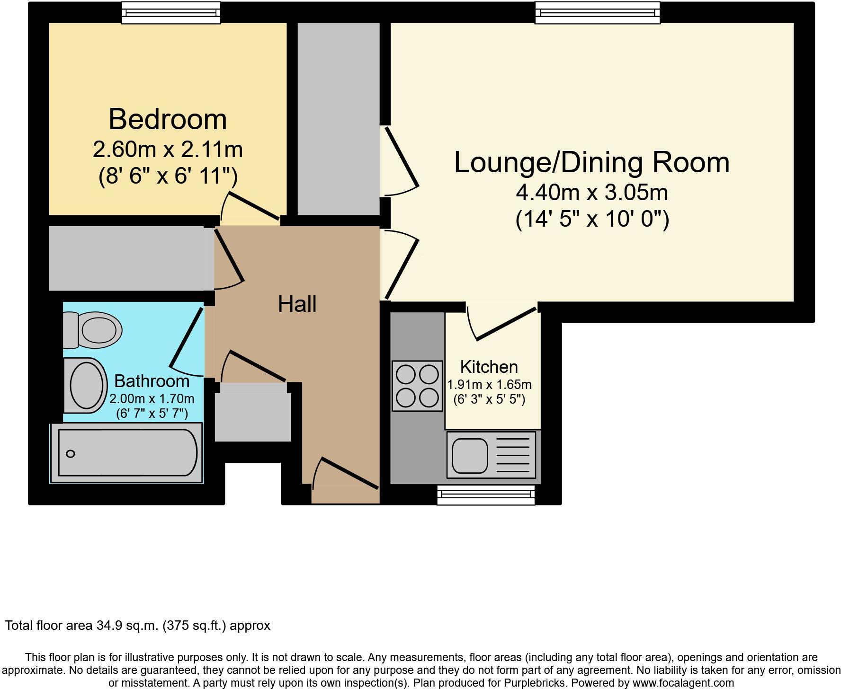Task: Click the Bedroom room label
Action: (x=168, y=119)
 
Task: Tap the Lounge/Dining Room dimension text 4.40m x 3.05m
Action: (x=591, y=193)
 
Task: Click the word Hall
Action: (x=297, y=304)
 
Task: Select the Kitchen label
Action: (x=489, y=367)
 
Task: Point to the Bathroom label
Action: (x=152, y=381)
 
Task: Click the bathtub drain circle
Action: (x=71, y=454)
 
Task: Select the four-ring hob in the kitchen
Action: (x=417, y=386)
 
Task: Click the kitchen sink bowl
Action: (x=469, y=456)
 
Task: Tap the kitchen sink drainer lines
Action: (x=512, y=456)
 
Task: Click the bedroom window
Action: (x=171, y=13)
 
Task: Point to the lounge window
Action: (x=597, y=13)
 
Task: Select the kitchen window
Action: (x=485, y=495)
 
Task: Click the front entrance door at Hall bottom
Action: (x=349, y=473)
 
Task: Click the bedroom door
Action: (x=253, y=206)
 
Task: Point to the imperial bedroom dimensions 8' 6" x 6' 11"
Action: (x=168, y=177)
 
